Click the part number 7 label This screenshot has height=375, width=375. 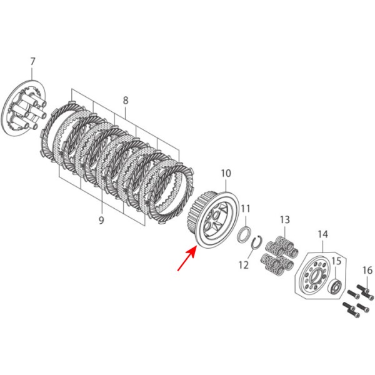pos(32,61)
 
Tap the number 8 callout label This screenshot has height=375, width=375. pos(126,100)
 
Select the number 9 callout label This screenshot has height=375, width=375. pos(101,219)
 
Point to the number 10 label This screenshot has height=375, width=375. pos(226,172)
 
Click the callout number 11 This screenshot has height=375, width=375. pos(246,208)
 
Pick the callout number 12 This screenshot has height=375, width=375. pos(243,265)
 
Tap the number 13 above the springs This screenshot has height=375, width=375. pos(285,219)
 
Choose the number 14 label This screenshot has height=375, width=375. pos(322,234)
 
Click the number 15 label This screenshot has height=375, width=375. pos(336,261)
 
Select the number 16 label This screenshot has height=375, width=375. pos(367,270)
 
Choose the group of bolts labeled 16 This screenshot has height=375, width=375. pos(357,299)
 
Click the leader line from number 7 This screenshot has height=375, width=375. pos(33,78)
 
